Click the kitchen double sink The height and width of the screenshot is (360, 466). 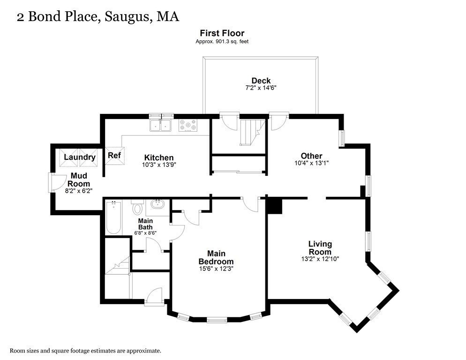(160, 125)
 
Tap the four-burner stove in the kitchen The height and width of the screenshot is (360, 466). (188, 126)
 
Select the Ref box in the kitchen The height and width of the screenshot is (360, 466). (114, 156)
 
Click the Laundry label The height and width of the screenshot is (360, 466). (80, 157)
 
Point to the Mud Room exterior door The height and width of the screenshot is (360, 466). (52, 182)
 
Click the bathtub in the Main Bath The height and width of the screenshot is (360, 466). (114, 217)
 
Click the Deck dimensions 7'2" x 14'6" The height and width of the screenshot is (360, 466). (261, 88)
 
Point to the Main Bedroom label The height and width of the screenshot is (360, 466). (216, 257)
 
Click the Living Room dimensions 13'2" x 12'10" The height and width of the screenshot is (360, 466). (320, 258)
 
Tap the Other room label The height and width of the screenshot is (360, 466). (312, 156)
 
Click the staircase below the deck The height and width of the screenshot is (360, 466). (249, 132)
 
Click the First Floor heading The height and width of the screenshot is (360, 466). (222, 33)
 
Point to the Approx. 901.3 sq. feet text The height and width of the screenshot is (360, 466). (222, 41)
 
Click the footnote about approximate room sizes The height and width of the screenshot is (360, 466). (86, 350)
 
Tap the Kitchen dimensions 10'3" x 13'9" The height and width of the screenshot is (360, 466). (159, 165)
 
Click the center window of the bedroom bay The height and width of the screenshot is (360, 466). (216, 321)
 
